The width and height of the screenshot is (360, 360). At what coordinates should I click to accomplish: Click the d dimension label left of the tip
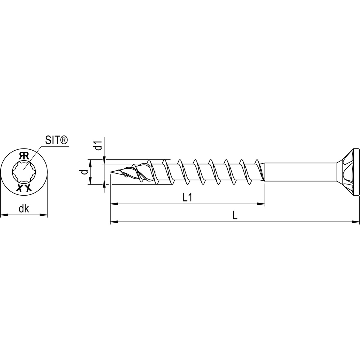tap(85, 172)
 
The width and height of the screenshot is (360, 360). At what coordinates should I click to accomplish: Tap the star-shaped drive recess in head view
tap(24, 171)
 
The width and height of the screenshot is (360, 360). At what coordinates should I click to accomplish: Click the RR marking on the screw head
tap(24, 155)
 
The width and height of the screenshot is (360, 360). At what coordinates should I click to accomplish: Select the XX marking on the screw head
tap(24, 188)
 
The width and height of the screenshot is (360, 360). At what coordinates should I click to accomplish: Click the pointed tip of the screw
tap(112, 172)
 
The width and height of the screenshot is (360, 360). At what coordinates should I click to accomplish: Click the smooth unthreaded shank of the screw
tap(300, 172)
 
